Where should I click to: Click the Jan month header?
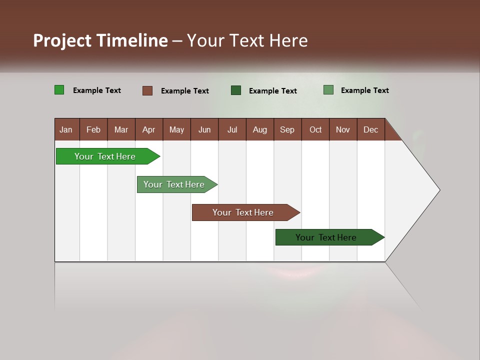(66, 129)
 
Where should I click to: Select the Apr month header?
(148, 129)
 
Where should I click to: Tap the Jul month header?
(232, 129)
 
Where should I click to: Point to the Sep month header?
(287, 129)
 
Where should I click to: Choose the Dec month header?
(370, 129)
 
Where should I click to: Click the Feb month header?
(93, 129)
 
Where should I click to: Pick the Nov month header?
(342, 129)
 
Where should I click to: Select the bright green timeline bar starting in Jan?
(105, 156)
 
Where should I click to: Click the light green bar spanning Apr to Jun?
(174, 184)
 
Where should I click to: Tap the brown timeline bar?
(243, 212)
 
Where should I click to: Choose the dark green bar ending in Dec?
(326, 237)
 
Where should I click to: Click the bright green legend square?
(59, 90)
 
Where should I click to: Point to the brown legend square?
(147, 90)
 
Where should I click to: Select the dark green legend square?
(236, 90)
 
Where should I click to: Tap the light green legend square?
(328, 90)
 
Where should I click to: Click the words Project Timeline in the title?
(100, 40)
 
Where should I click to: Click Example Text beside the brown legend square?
(184, 91)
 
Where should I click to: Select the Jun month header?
(204, 129)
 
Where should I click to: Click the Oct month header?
(315, 129)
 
